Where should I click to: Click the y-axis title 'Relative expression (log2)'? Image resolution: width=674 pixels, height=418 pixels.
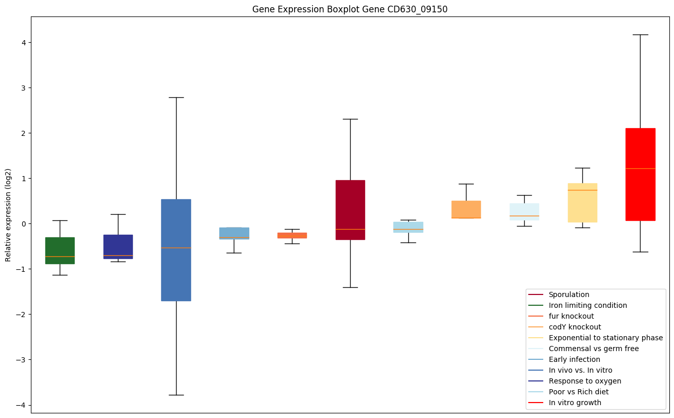click(8, 215)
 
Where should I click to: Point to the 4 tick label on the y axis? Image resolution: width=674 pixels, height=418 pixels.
click(23, 42)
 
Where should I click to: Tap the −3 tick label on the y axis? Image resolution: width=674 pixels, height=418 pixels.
click(21, 359)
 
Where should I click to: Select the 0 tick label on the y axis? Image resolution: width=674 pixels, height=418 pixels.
click(23, 223)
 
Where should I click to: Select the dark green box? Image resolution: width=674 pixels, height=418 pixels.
click(60, 250)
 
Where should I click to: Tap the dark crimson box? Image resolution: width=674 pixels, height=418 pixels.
click(350, 210)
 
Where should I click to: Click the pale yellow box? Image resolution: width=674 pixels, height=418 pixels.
click(582, 202)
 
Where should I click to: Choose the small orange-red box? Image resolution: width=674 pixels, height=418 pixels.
click(292, 235)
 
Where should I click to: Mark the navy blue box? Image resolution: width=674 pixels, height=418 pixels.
click(118, 247)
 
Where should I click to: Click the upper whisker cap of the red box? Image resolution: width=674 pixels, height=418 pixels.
click(640, 34)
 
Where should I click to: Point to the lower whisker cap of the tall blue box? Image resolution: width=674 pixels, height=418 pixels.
click(176, 395)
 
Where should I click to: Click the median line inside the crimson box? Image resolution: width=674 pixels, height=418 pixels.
click(350, 229)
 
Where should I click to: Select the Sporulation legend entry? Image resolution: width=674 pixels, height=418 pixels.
click(568, 294)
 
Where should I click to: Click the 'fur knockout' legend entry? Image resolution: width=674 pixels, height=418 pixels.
click(571, 316)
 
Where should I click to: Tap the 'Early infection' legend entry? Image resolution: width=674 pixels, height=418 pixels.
click(574, 359)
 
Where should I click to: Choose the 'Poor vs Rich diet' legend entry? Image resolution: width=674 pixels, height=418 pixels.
click(578, 392)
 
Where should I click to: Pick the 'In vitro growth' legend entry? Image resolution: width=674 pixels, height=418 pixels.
click(575, 403)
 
